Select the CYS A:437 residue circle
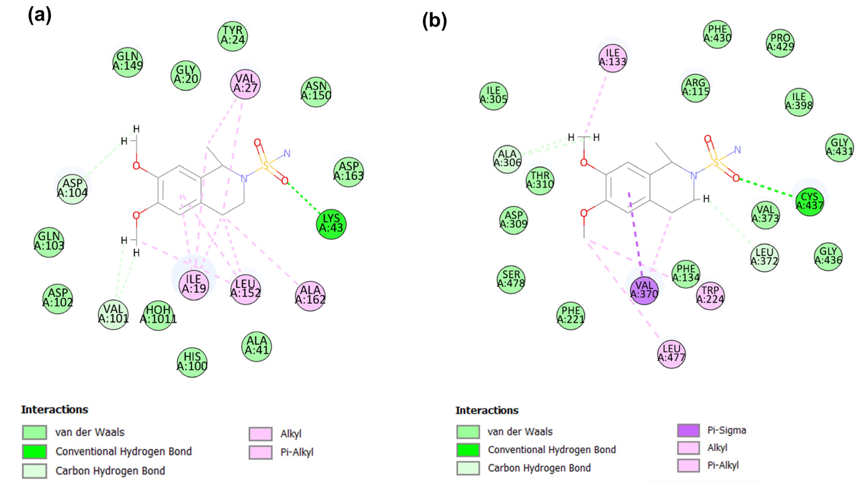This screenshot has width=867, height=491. (809, 201)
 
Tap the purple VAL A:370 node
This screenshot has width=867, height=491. (644, 290)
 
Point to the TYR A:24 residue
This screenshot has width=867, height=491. (232, 35)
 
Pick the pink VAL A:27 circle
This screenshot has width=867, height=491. (245, 84)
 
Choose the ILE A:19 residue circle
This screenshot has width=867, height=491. (194, 284)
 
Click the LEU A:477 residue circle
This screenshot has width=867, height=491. (671, 353)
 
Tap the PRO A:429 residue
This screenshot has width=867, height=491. (780, 43)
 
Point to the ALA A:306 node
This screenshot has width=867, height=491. (507, 159)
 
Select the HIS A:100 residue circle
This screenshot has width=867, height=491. (192, 362)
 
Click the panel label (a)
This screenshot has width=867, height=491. (40, 16)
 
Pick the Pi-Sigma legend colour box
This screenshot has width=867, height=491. (688, 430)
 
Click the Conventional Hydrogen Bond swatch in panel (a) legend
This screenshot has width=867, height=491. (34, 451)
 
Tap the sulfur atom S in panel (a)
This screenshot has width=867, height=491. (266, 165)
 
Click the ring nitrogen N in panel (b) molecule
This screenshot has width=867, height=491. (693, 175)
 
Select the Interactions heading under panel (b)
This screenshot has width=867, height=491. (487, 410)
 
